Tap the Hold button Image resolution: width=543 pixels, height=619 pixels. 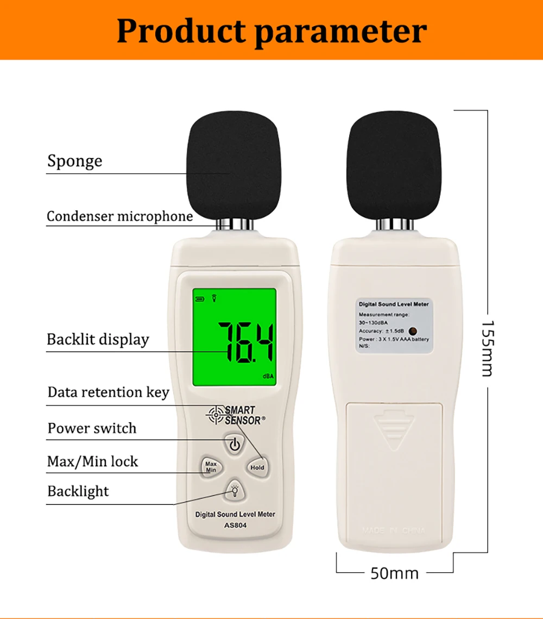(x=257, y=467)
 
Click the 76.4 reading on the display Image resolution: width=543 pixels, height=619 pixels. (x=246, y=342)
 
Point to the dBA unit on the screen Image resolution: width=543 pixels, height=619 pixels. (x=268, y=376)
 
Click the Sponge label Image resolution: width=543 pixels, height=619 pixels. (x=74, y=161)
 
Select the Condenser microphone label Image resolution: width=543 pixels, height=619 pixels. (x=119, y=216)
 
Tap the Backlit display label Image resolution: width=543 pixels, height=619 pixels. (x=98, y=340)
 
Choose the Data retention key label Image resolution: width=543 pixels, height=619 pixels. (x=108, y=392)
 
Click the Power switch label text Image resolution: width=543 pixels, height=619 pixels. (x=92, y=428)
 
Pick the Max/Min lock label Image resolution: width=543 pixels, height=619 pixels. (x=92, y=462)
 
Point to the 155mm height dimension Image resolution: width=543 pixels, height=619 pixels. (x=487, y=348)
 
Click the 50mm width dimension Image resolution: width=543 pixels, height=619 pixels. (x=394, y=573)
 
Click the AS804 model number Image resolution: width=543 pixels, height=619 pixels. (x=235, y=525)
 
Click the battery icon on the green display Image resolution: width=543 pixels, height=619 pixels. (x=200, y=298)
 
